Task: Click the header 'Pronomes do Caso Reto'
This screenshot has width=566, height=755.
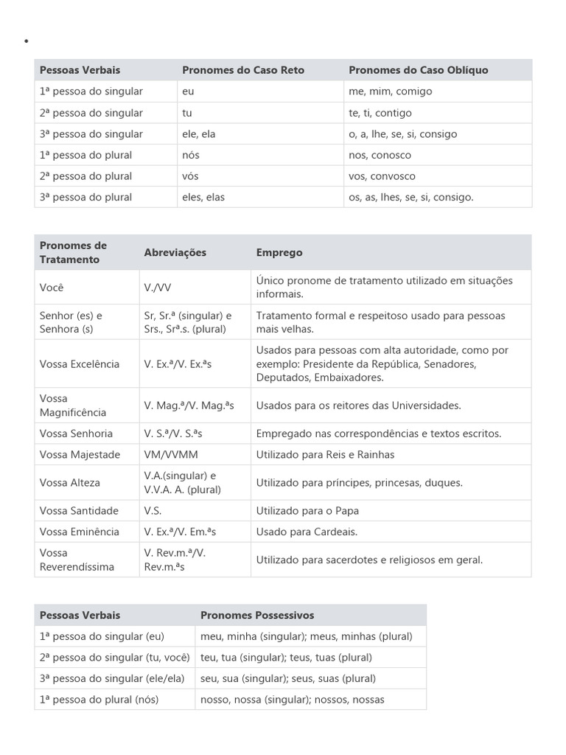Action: click(243, 70)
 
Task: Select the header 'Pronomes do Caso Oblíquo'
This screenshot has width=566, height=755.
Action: click(418, 70)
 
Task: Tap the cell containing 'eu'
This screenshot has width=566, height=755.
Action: click(188, 91)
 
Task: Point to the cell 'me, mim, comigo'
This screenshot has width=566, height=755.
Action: click(390, 91)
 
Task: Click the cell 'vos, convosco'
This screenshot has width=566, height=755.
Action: click(382, 176)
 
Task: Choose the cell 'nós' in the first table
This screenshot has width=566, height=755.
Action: click(190, 155)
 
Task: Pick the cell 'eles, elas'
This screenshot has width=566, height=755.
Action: click(203, 197)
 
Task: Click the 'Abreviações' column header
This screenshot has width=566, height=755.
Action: click(175, 252)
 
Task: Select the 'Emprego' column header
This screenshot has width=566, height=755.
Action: click(279, 252)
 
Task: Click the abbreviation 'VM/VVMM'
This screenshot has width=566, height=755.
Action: click(171, 454)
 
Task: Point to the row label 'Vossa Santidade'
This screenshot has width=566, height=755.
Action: click(79, 510)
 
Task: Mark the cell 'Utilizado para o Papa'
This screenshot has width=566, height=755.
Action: click(307, 510)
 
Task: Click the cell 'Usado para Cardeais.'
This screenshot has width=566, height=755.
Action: click(307, 532)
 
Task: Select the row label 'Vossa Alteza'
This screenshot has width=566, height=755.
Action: click(70, 482)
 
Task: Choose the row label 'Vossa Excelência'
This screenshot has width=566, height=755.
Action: click(80, 364)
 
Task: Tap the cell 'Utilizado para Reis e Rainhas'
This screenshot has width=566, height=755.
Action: click(325, 454)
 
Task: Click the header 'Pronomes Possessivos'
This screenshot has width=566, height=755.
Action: click(257, 615)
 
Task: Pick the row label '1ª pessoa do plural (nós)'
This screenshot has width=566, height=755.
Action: click(99, 699)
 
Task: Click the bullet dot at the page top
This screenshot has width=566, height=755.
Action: click(27, 41)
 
